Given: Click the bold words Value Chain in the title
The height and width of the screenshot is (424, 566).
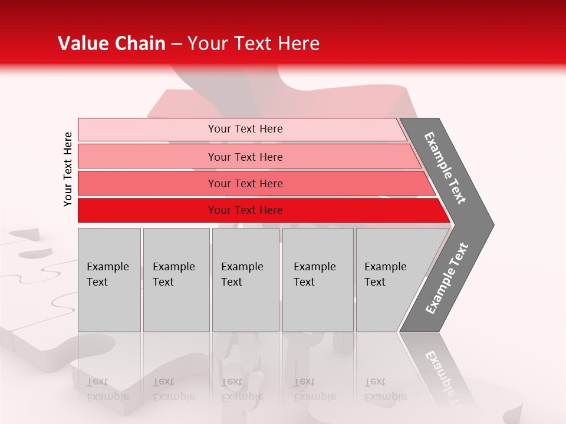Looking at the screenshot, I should pyautogui.click(x=111, y=44).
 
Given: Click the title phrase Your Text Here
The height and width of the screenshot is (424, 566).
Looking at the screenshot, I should pyautogui.click(x=254, y=44).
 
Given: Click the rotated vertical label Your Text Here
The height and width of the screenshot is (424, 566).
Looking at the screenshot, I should pyautogui.click(x=68, y=169).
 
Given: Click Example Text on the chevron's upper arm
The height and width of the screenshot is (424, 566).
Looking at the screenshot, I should pyautogui.click(x=445, y=168).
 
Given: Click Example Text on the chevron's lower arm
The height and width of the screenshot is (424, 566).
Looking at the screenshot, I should pyautogui.click(x=447, y=278).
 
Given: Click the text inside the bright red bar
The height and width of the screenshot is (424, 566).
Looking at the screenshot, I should pyautogui.click(x=245, y=210).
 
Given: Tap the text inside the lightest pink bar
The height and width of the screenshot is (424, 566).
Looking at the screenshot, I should pyautogui.click(x=245, y=129).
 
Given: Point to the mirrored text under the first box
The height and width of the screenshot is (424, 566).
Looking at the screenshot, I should pyautogui.click(x=107, y=389).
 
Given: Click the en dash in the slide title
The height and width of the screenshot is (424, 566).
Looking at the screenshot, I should pyautogui.click(x=176, y=44).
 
